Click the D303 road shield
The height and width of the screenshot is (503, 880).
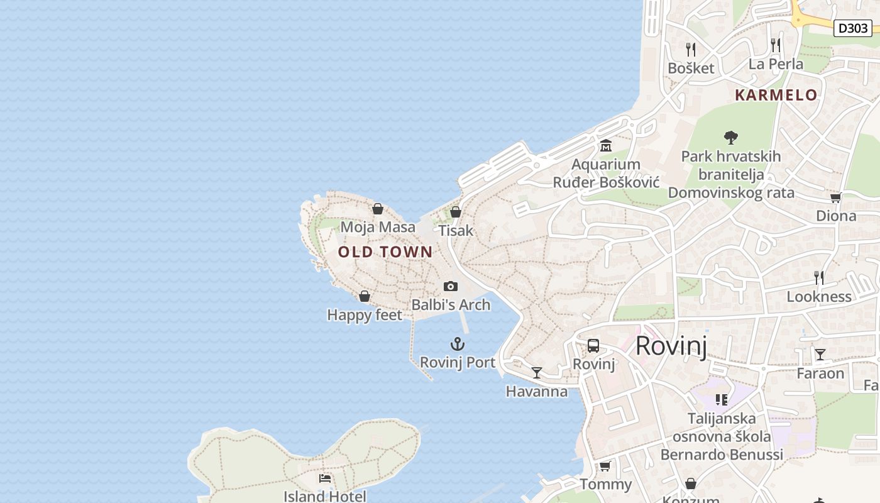(853, 28)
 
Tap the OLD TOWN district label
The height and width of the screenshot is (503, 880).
(385, 252)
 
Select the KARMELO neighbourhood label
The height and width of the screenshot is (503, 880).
(776, 95)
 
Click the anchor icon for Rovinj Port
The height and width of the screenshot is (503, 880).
(458, 344)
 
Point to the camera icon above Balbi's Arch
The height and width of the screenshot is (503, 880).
(451, 287)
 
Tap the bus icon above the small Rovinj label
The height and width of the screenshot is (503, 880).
(593, 345)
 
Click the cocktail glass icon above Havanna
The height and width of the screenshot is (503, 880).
(536, 373)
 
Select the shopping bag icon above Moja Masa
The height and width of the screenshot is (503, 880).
(378, 209)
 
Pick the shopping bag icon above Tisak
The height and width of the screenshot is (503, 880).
(456, 212)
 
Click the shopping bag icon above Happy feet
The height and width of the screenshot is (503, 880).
(365, 296)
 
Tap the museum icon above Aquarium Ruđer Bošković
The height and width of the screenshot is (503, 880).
(606, 146)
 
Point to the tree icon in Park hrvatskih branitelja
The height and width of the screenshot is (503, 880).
(730, 137)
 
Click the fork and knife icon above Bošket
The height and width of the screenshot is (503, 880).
(691, 49)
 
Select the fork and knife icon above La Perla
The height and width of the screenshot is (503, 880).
(776, 45)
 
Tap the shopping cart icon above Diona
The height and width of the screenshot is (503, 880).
(835, 197)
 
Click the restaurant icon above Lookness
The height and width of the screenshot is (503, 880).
(819, 277)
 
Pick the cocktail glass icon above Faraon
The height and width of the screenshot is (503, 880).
(820, 355)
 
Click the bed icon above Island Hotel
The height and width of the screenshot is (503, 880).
(325, 478)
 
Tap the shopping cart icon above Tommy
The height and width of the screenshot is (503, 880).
(605, 466)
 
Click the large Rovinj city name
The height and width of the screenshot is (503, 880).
(671, 346)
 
